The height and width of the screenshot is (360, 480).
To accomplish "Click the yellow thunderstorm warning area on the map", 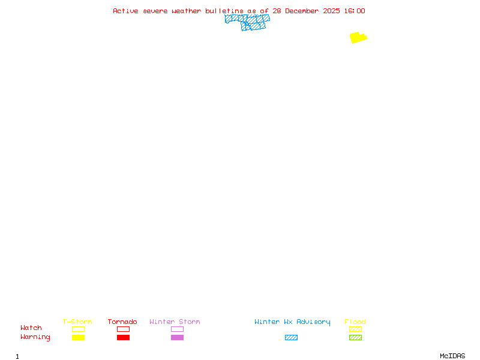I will [x=358, y=38].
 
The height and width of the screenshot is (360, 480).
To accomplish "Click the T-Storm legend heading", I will [x=77, y=322].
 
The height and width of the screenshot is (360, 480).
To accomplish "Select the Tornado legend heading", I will [x=122, y=322].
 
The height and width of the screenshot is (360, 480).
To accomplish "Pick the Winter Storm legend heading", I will [x=175, y=322].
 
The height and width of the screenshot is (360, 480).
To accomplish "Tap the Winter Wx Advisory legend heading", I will [x=292, y=322].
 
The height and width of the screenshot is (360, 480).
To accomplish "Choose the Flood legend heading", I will [x=355, y=322].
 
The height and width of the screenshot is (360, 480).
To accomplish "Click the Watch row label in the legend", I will [x=31, y=328].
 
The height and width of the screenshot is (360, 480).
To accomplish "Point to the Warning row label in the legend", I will [x=35, y=337].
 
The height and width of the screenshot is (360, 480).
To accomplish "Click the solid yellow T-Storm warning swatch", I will [x=78, y=338].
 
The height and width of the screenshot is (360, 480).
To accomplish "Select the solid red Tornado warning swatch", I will [x=123, y=338].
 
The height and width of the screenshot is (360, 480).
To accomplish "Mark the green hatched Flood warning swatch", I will [x=355, y=338].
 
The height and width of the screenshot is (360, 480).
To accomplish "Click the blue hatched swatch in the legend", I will [x=291, y=338].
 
